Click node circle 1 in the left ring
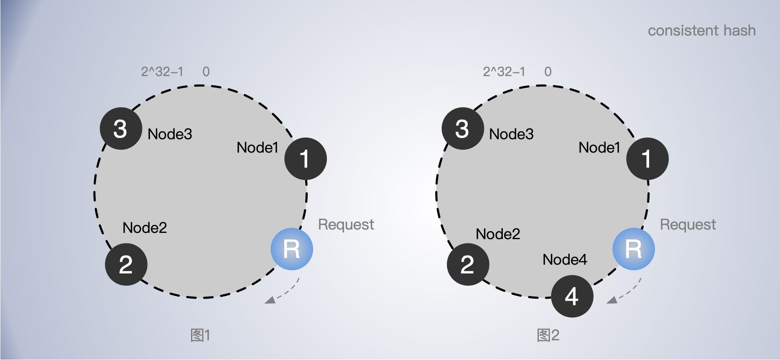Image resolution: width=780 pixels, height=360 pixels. (x=306, y=159)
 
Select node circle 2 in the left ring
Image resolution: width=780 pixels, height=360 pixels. (x=126, y=264)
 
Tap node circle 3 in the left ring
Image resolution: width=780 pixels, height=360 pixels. (x=121, y=128)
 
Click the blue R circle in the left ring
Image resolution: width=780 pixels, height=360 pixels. (x=292, y=249)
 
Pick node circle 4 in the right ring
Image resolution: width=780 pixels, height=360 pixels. (x=572, y=296)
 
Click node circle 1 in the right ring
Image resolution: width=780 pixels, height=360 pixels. (x=647, y=159)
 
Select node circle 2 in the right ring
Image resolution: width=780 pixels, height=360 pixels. (x=468, y=264)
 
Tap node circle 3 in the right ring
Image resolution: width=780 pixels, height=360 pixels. (x=463, y=128)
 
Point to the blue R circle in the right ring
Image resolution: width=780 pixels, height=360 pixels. (x=634, y=249)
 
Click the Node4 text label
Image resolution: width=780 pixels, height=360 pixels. (x=565, y=260)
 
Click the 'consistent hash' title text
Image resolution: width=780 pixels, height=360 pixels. (x=701, y=31)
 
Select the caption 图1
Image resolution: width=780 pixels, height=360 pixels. (x=200, y=335)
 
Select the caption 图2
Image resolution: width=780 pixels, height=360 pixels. (x=548, y=335)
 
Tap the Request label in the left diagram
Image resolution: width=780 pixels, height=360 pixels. (x=346, y=225)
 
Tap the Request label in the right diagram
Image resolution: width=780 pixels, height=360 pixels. (x=688, y=225)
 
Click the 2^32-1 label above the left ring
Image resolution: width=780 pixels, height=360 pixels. (x=162, y=71)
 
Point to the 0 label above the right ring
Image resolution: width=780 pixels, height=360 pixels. (x=548, y=71)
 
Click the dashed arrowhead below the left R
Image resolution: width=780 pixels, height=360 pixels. (x=270, y=300)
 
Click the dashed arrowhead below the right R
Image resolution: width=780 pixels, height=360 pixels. (x=612, y=300)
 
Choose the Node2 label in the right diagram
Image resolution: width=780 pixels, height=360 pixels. (x=498, y=234)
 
